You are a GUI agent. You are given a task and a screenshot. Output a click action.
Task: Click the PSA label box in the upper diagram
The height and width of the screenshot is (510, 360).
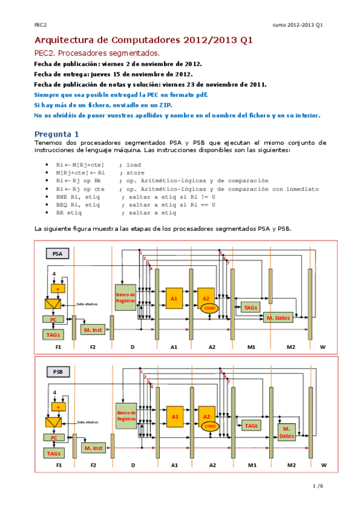click(58, 254)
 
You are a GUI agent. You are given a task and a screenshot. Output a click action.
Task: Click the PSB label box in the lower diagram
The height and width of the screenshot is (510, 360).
click(58, 372)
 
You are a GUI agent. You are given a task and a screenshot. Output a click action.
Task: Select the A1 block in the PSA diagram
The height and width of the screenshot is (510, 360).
click(174, 298)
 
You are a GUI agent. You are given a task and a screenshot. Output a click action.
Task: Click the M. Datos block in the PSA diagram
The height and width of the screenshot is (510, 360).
click(278, 317)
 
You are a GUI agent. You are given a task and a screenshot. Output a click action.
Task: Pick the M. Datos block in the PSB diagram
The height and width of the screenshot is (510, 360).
click(287, 432)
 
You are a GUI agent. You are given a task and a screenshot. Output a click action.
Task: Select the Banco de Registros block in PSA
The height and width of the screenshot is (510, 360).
click(126, 297)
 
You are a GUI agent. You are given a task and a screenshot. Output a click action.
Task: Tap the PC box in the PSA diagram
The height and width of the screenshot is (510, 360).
click(54, 319)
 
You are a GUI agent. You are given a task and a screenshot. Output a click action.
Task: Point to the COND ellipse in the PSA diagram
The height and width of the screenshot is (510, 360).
click(210, 308)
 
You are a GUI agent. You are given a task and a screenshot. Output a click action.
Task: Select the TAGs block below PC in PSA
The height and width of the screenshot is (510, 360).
click(54, 333)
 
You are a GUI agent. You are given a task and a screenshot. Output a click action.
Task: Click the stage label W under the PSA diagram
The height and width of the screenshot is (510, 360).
click(323, 347)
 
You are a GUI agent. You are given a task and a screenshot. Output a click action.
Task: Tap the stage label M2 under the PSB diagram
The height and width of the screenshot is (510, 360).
click(291, 465)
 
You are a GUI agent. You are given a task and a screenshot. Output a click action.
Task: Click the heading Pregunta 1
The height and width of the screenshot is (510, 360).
click(56, 133)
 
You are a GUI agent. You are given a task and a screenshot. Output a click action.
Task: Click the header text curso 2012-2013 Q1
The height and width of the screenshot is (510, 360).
click(297, 25)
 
